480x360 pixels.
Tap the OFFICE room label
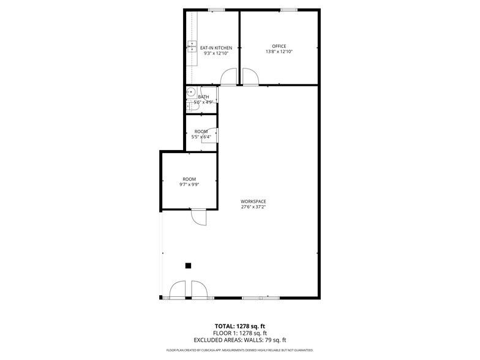pos(279,47)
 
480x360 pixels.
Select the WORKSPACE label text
pos(253,201)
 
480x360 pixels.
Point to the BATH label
pos(203,97)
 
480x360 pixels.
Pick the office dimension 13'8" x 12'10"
pos(279,52)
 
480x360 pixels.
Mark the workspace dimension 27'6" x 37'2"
pos(253,207)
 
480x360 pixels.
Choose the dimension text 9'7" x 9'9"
pos(189,184)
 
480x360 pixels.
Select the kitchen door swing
pos(228,77)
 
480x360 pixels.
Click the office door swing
pos(250,77)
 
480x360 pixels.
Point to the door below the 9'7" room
pos(198,217)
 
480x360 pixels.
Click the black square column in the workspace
pos(189,265)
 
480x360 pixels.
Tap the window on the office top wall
pos(288,9)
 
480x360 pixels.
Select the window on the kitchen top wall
pos(216,9)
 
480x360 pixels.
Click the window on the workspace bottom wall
pos(260,298)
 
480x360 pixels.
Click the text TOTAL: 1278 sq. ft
pos(239,326)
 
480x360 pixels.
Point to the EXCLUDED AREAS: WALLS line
pos(239,340)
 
